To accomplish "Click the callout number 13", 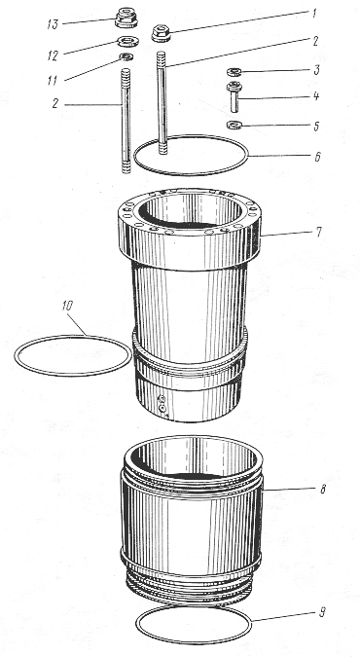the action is point(53,24).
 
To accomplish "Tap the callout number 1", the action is point(314,13).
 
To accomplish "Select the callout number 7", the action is point(318,232).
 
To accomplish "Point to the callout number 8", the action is point(322,489).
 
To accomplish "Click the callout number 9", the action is point(322,612).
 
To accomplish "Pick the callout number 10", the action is point(66,306).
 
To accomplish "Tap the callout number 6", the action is point(317,157).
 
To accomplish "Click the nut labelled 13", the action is point(125,18).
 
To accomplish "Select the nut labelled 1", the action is point(161,33).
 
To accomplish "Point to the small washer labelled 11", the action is point(126,56).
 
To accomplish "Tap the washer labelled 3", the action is point(234,72).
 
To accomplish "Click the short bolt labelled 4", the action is point(234,96).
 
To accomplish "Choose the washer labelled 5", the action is point(233,125).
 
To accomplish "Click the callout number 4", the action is point(316,96).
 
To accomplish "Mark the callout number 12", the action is point(53,55).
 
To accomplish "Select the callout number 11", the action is point(52,81).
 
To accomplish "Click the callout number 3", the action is point(316,70).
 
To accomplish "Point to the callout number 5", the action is point(316,127).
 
